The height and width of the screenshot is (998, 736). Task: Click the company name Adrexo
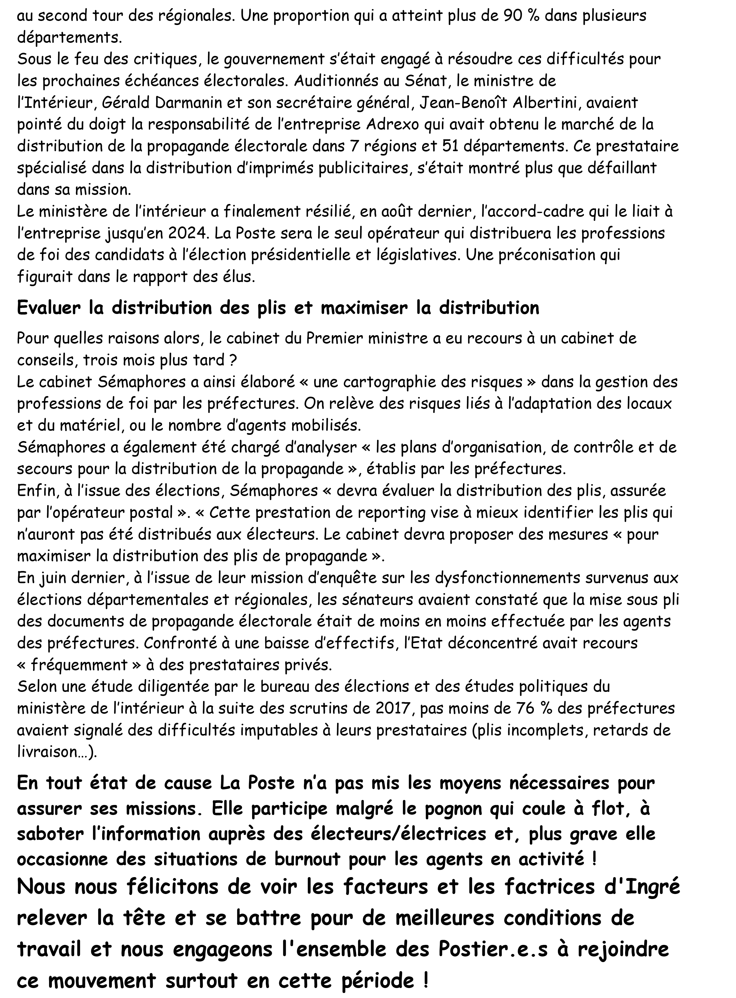392,124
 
